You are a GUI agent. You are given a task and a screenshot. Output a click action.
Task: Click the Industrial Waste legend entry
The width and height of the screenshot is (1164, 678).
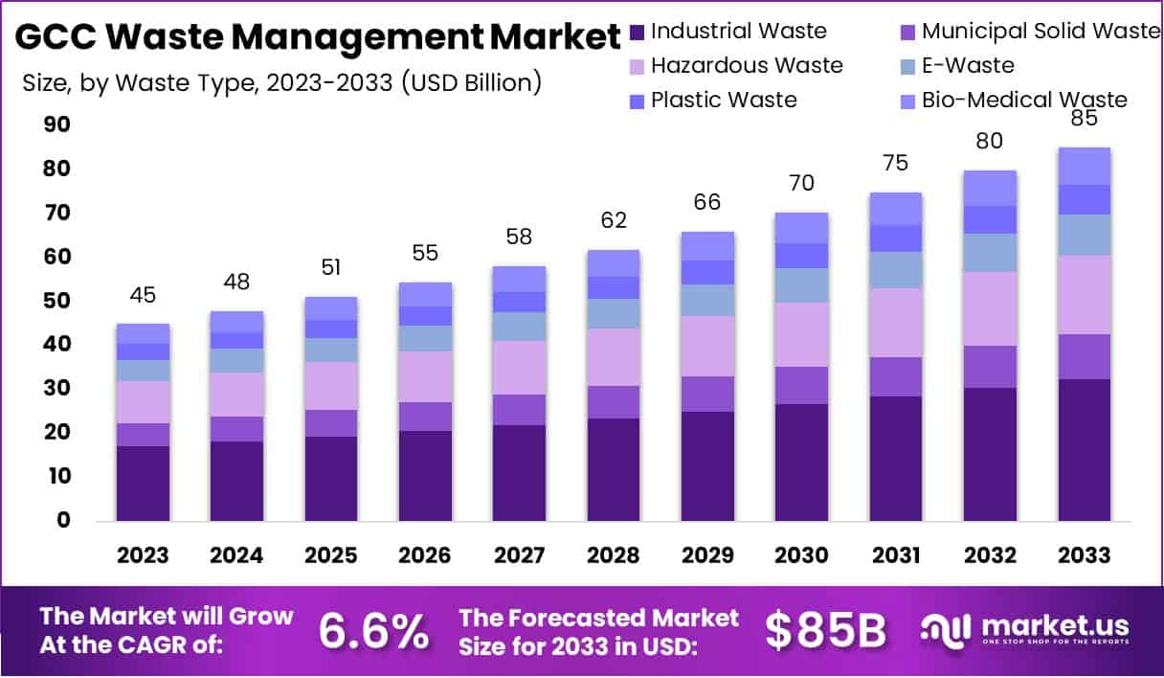737,31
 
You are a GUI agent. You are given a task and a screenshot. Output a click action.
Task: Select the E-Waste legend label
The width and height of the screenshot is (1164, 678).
967,65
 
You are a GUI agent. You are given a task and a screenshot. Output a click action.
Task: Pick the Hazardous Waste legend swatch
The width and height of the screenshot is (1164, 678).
638,66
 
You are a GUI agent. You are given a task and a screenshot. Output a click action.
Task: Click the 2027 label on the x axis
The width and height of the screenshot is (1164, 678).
520,556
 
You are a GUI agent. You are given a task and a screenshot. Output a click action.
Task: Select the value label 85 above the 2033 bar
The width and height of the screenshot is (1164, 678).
1085,119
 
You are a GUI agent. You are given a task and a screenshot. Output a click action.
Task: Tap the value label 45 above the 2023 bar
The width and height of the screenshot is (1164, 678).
143,295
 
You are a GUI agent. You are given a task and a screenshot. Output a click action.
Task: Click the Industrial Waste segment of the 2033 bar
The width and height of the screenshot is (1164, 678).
1085,450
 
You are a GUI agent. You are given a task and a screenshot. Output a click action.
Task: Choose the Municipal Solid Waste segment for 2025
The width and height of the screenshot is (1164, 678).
331,423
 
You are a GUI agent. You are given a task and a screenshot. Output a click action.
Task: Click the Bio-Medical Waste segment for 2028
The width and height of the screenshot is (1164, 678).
614,263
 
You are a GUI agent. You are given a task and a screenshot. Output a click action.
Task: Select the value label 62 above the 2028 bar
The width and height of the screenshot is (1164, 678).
614,220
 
